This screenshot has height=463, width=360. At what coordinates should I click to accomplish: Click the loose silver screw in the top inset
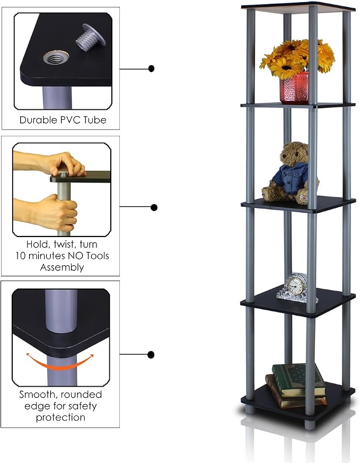[x=91, y=37]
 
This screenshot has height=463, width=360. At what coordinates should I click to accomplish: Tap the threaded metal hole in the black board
[x=56, y=58]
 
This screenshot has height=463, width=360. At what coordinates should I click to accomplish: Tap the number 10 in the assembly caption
[x=21, y=256]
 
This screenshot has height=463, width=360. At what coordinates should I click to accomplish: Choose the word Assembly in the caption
[x=62, y=267]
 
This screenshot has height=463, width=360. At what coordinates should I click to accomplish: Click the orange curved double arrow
[x=60, y=363]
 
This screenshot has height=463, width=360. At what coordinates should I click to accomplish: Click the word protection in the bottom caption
[x=60, y=417]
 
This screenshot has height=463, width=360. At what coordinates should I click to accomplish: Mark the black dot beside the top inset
[x=152, y=69]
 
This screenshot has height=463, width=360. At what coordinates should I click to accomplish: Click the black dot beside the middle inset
[x=154, y=207]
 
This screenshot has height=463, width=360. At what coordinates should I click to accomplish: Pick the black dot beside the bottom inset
[x=151, y=354]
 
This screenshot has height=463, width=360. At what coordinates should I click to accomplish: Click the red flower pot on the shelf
[x=294, y=88]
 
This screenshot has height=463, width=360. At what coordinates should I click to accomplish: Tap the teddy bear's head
[x=294, y=154]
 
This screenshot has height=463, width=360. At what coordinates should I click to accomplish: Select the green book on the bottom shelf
[x=298, y=380]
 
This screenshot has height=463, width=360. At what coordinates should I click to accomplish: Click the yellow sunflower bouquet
[x=297, y=58]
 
